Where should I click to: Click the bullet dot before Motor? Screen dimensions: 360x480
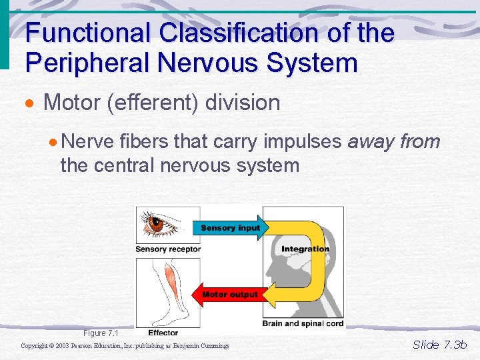point(31,104)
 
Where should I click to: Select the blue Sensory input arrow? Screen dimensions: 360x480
point(230,227)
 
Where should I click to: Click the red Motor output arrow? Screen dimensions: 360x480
point(228,294)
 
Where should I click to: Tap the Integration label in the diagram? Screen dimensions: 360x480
point(305,249)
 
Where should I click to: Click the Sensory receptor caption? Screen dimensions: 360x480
point(167,249)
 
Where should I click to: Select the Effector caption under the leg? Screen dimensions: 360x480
point(163,333)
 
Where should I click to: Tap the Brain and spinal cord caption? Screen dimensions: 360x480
point(303,323)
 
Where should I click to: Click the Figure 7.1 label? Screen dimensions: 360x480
point(100,333)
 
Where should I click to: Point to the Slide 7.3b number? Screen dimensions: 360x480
point(439,345)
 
